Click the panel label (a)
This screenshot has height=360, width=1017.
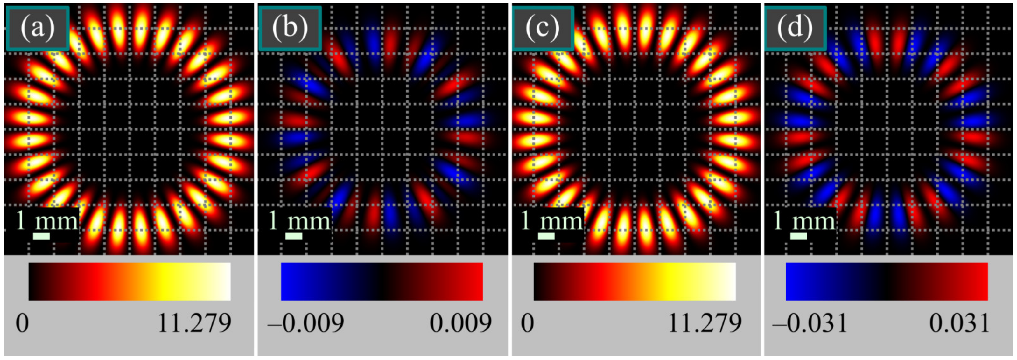38,28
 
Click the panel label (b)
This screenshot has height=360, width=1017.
290,28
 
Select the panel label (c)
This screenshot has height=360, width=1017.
543,28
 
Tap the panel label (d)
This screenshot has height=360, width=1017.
796,28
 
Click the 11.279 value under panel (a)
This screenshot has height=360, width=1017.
194,324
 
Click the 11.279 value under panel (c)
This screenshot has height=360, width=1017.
705,324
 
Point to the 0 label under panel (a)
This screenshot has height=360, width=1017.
22,324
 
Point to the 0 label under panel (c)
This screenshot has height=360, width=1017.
528,324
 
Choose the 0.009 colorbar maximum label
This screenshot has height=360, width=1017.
460,324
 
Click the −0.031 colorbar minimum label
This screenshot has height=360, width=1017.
810,324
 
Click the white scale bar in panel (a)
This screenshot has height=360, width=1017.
41,236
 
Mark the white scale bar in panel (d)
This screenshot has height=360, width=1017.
799,236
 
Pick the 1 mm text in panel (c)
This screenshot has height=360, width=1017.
552,221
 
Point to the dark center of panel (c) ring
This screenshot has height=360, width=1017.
636,129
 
